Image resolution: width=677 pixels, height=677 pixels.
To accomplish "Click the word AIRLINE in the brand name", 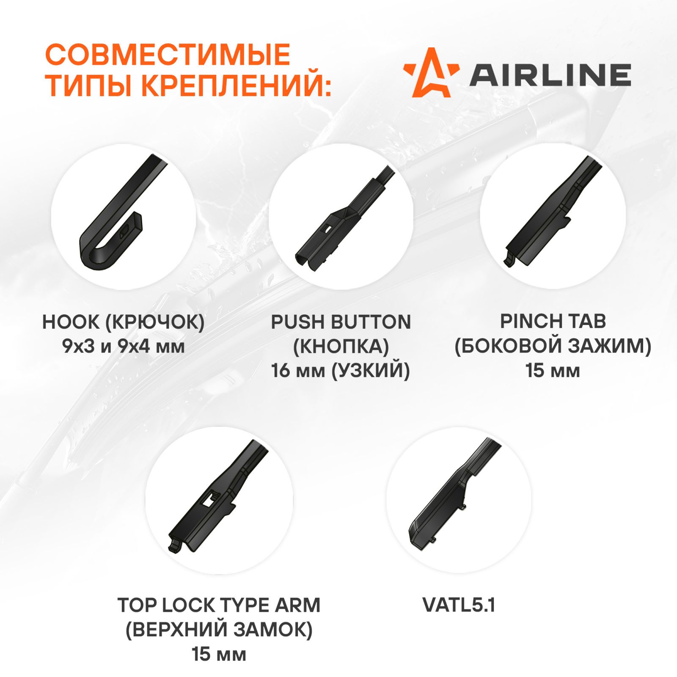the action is (550, 75).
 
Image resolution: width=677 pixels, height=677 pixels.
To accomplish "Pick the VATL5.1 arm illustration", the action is (455, 493).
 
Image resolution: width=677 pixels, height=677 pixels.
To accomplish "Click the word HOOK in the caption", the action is (70, 322).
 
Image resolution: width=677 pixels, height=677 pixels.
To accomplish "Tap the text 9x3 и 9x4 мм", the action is (124, 347).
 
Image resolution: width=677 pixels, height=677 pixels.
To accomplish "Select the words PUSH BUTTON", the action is (341, 322).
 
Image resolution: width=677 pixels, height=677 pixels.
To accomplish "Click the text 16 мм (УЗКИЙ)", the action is (341, 371).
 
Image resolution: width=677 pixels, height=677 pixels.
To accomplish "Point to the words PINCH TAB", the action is (553, 321).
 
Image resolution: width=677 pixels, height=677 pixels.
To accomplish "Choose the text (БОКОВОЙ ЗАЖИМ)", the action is (553, 346).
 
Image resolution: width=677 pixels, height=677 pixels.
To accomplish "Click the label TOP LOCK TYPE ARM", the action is (219, 605).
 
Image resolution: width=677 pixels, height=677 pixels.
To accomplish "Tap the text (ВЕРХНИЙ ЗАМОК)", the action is (219, 630).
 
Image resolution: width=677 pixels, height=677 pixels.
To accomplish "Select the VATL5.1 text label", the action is (459, 605).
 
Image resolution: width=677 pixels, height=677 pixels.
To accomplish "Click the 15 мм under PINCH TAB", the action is (553, 371).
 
